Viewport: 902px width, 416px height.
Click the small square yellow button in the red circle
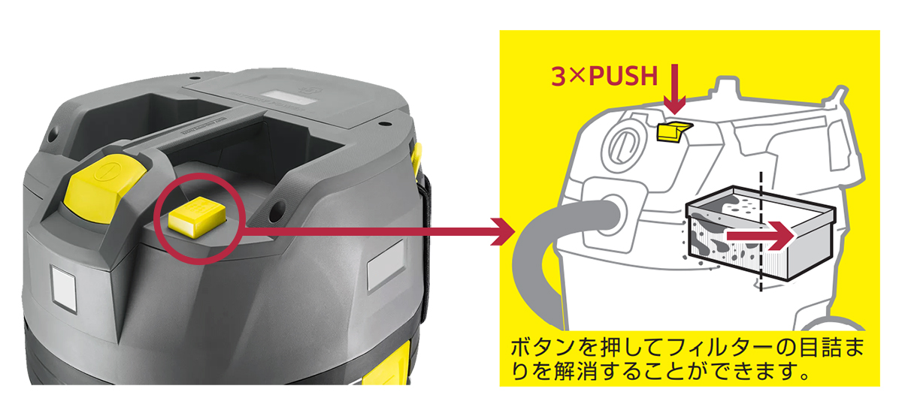[197, 216]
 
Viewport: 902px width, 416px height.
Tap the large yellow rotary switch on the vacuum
[105, 188]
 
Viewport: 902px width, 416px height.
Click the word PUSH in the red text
[623, 76]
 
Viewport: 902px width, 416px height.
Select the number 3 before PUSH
[558, 76]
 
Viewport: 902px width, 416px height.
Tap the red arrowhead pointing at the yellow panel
[503, 231]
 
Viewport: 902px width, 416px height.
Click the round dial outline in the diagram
[622, 145]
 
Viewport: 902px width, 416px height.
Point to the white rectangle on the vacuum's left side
[64, 288]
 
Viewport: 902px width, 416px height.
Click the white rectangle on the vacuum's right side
[386, 264]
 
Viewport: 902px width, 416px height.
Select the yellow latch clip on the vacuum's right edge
[416, 159]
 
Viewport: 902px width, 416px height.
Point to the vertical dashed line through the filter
[761, 231]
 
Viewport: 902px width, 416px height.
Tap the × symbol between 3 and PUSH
[577, 77]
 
